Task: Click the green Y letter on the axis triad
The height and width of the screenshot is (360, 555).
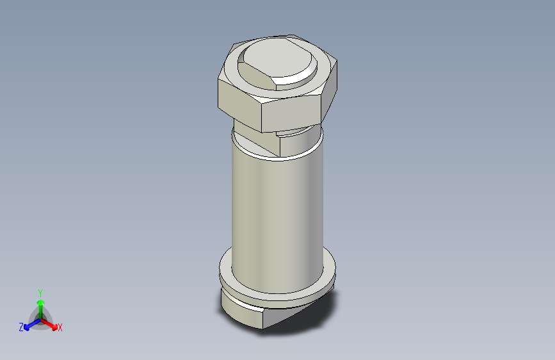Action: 40,291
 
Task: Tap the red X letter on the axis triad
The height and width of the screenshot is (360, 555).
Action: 60,327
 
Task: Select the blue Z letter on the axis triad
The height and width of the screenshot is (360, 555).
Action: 21,327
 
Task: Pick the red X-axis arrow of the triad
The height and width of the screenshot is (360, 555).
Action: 51,323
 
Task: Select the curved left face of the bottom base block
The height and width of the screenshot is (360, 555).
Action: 240,311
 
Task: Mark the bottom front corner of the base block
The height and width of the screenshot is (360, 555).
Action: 263,328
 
